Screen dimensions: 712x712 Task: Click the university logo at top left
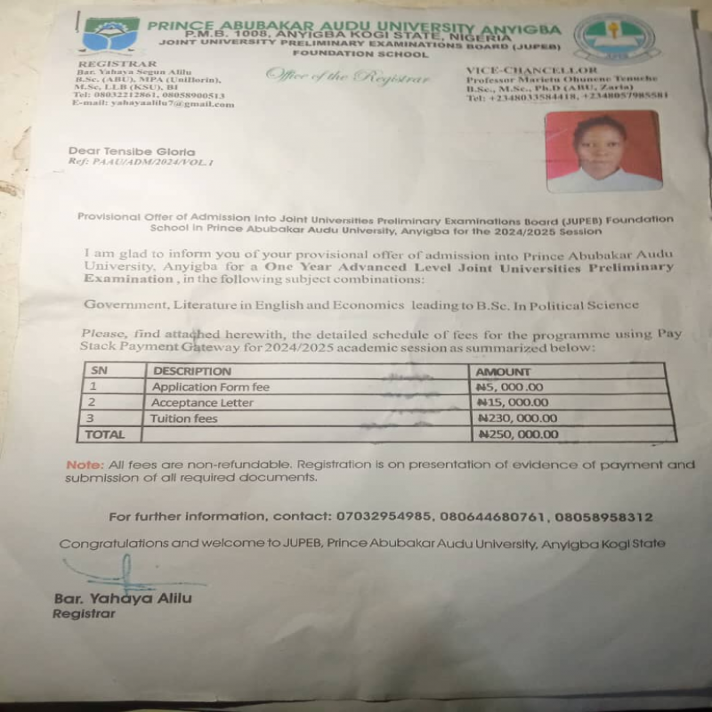click(111, 34)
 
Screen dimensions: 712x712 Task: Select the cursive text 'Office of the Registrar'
click(348, 77)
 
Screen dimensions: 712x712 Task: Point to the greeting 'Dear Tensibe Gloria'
click(131, 151)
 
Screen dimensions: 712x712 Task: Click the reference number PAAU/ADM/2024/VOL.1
click(142, 163)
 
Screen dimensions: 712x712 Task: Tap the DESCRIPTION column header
click(191, 371)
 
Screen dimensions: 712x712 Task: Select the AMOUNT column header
click(504, 371)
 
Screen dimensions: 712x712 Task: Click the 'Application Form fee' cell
click(210, 387)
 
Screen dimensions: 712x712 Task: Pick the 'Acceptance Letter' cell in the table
click(202, 402)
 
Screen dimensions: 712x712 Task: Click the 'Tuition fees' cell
click(184, 418)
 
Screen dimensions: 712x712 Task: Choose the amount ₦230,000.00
click(519, 418)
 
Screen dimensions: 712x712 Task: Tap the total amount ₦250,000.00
click(518, 434)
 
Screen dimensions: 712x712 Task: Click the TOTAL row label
click(103, 434)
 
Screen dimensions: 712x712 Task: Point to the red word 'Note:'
click(84, 465)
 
